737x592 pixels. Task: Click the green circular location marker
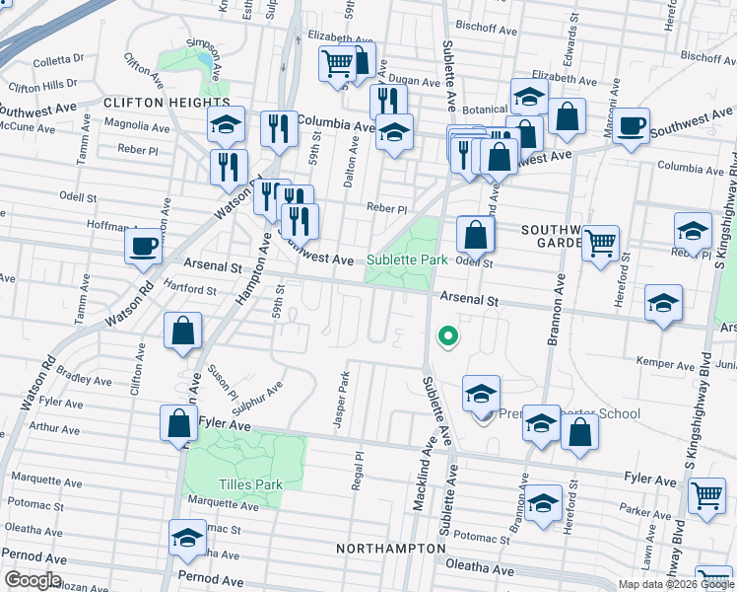point(447,337)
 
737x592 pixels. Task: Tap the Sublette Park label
point(407,260)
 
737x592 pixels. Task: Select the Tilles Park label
point(249,484)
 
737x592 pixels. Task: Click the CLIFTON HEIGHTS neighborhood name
point(165,103)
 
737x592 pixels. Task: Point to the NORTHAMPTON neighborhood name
point(390,548)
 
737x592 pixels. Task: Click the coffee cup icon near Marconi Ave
point(631,126)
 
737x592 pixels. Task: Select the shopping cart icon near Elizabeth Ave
point(337,63)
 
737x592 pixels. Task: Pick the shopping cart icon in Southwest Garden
point(599,242)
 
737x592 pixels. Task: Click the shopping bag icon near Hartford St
point(183,331)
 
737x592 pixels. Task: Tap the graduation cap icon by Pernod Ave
point(187,538)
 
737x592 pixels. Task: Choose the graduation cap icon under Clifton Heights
point(227,124)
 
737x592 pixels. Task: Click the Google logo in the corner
point(32,580)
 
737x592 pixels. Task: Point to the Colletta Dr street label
point(58,59)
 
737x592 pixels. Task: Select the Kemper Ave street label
point(666,364)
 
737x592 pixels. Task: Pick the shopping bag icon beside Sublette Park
point(475,235)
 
